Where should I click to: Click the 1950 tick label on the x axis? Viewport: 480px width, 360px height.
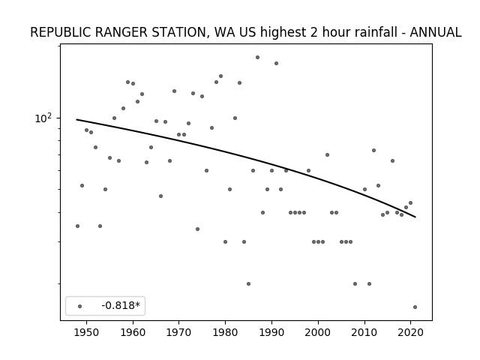[x=87, y=332]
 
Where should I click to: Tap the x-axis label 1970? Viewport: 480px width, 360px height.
[x=178, y=332]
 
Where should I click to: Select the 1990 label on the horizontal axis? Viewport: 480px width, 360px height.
[x=271, y=332]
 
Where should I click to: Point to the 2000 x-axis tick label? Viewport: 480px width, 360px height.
[x=318, y=332]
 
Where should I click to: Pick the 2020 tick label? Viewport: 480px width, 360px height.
[x=410, y=332]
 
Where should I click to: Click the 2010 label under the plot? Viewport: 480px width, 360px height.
[x=364, y=332]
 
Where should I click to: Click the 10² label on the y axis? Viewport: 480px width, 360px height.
[x=43, y=118]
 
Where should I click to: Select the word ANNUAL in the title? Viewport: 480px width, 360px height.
[x=436, y=32]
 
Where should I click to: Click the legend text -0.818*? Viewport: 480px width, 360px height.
[x=121, y=305]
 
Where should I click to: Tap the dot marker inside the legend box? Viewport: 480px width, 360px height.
[x=80, y=306]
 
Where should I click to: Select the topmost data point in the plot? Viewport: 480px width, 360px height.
[x=257, y=57]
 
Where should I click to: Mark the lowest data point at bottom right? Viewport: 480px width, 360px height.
[x=415, y=307]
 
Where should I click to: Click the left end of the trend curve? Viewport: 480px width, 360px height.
[x=76, y=119]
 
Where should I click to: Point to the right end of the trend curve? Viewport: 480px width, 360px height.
[x=415, y=217]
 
